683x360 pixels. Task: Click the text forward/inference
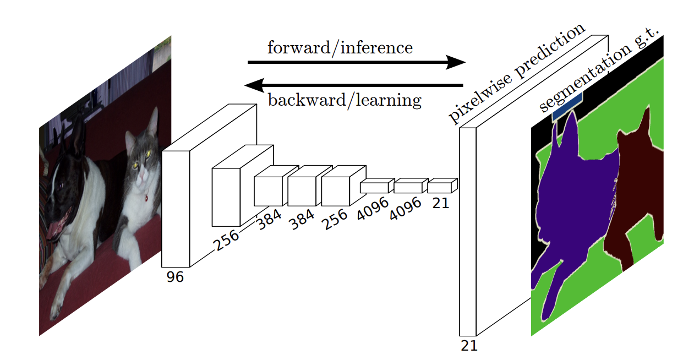340,48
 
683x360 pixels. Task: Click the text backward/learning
344,100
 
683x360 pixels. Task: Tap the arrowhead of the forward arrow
456,62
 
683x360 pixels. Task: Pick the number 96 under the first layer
175,277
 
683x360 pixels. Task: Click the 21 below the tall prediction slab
469,346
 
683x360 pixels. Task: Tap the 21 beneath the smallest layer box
440,203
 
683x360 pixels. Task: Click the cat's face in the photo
140,162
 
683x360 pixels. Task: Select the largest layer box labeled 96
176,209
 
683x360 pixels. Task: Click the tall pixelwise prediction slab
467,231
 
